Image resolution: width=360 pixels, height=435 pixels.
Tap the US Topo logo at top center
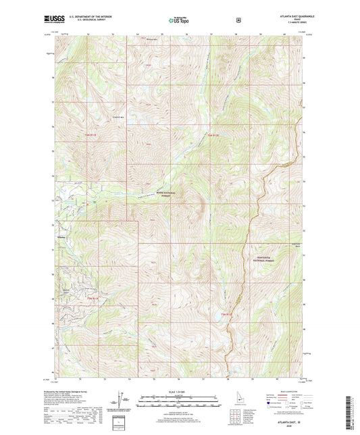pyautogui.click(x=180, y=21)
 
